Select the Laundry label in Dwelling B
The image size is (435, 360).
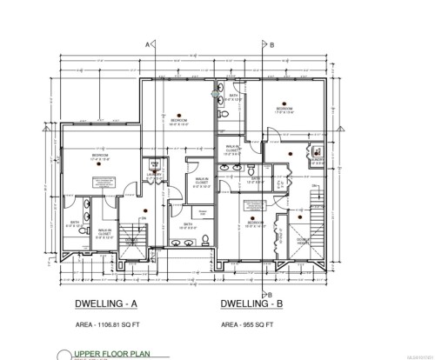pos(316,159)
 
